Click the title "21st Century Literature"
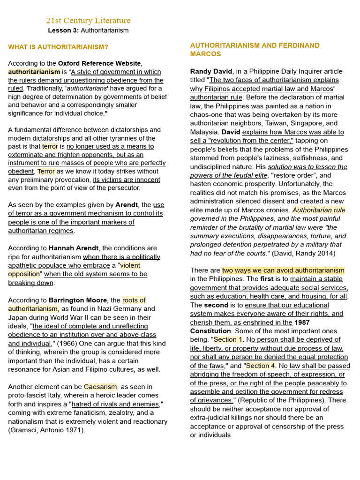click(88, 21)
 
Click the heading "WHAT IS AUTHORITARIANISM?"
click(58, 47)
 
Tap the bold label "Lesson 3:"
click(63, 30)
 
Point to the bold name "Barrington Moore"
click(77, 300)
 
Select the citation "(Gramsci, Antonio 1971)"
click(47, 430)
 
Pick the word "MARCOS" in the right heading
click(205, 54)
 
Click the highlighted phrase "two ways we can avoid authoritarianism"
click(283, 270)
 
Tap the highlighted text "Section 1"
click(228, 339)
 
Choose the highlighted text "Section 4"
click(261, 366)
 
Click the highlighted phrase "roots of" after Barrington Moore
click(134, 300)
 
